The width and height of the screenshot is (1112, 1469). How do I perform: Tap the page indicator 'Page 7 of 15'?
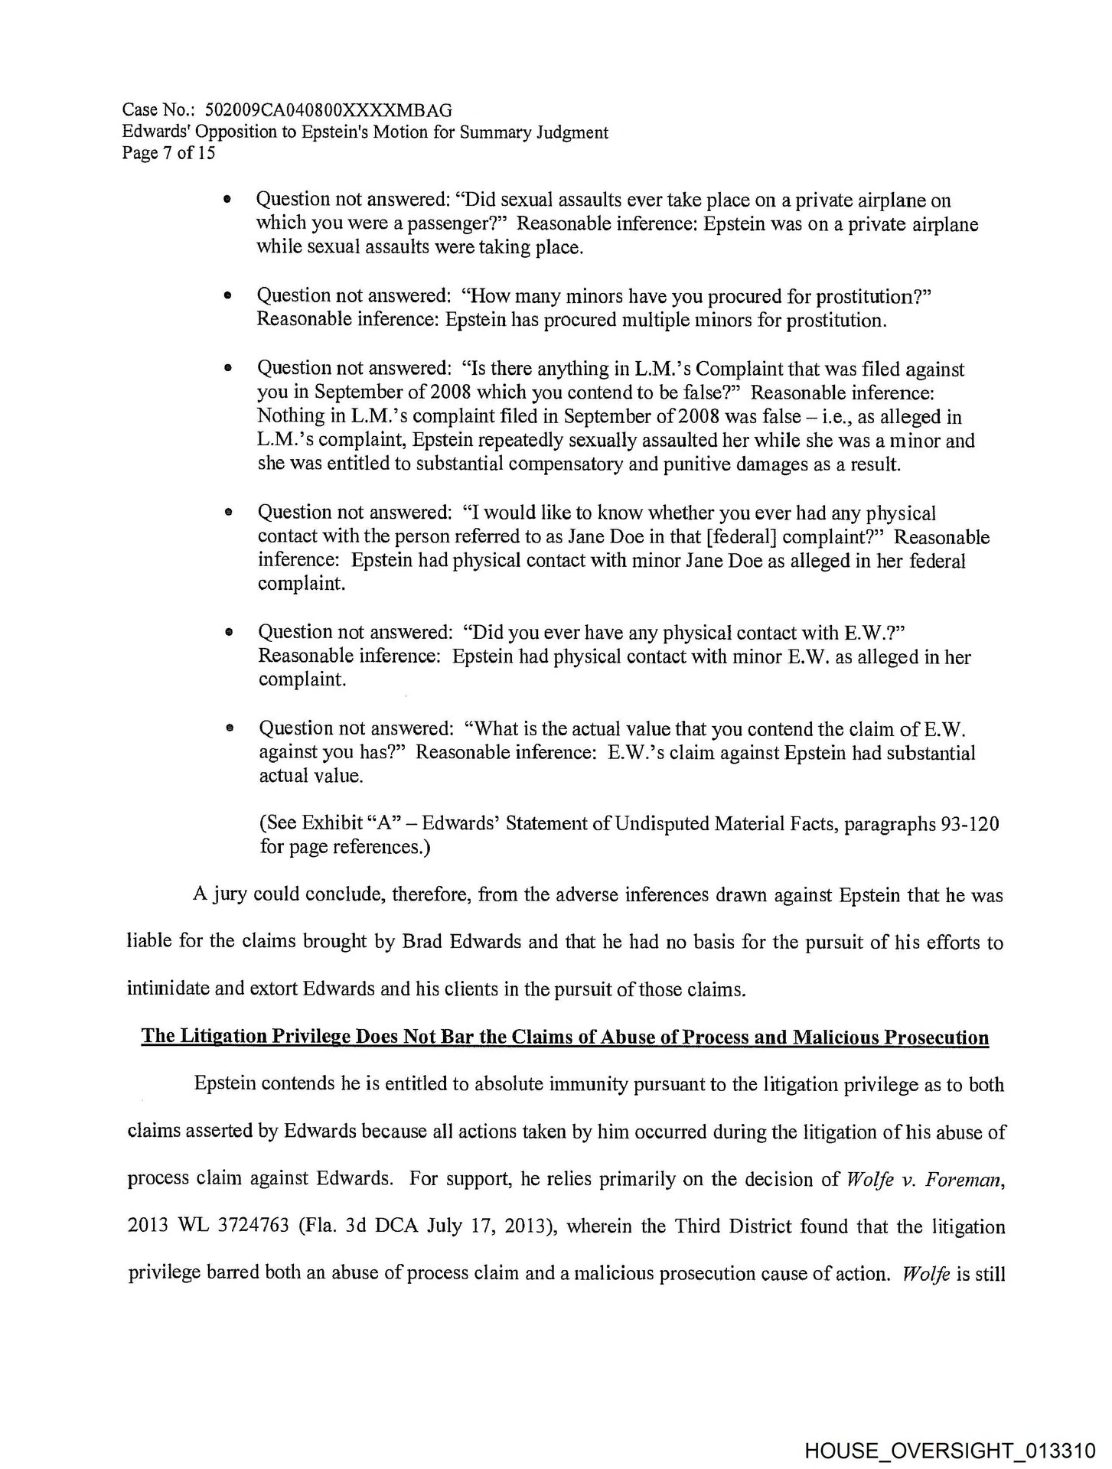tap(168, 153)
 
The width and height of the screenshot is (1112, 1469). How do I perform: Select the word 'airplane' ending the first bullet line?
tap(915, 200)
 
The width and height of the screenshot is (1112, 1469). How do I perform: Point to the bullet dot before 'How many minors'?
tap(227, 295)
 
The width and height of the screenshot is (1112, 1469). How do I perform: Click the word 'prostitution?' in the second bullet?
tap(877, 295)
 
